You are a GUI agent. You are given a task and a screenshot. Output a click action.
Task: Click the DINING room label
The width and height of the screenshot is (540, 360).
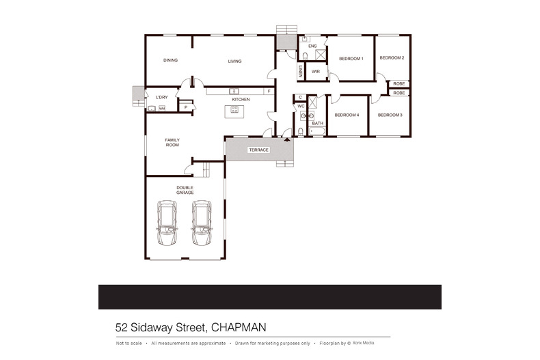click(x=170, y=61)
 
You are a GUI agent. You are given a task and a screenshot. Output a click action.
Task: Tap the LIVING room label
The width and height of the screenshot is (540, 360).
click(x=234, y=61)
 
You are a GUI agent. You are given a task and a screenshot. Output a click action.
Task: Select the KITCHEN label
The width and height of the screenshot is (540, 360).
click(x=240, y=100)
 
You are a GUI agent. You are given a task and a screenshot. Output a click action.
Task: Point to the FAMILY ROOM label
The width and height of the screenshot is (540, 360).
click(x=172, y=142)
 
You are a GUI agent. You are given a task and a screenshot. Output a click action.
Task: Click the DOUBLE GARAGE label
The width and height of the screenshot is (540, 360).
click(x=185, y=190)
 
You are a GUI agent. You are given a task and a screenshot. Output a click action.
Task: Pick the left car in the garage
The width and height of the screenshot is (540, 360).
click(x=167, y=223)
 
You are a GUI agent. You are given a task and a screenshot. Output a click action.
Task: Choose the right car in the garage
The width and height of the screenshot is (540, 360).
click(x=202, y=223)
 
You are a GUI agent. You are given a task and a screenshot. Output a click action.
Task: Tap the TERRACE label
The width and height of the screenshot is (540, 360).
click(x=258, y=150)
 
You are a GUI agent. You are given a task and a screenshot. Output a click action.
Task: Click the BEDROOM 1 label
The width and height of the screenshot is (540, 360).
click(x=351, y=59)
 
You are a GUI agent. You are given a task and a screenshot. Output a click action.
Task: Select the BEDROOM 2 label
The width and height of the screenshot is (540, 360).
click(x=392, y=58)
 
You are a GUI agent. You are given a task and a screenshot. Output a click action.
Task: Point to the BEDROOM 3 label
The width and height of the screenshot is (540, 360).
click(x=390, y=115)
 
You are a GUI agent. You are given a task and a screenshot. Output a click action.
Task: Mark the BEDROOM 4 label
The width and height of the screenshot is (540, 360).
click(x=347, y=115)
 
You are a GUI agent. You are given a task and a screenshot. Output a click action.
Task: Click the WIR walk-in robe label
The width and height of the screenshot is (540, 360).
click(x=316, y=71)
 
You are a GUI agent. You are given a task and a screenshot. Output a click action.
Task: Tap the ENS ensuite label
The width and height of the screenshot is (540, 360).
click(x=312, y=46)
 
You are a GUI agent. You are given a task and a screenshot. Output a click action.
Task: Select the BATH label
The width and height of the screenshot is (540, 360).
click(x=317, y=123)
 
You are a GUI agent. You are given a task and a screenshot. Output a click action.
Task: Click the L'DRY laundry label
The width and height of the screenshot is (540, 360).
click(x=161, y=97)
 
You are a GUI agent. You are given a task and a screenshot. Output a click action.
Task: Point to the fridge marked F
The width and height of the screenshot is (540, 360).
click(x=269, y=91)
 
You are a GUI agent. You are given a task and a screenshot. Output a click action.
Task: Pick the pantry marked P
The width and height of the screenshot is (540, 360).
click(x=185, y=107)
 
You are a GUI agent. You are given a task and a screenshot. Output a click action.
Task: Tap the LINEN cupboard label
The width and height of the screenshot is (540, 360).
click(x=300, y=70)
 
